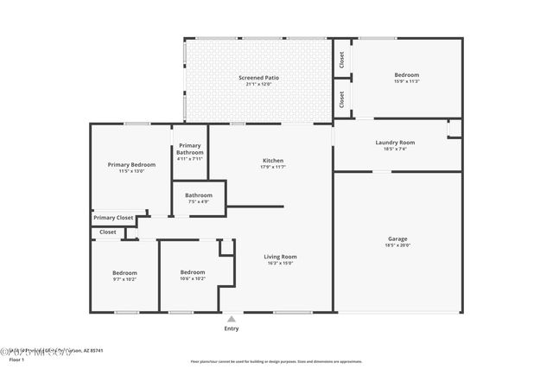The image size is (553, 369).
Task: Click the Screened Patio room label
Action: [258, 78]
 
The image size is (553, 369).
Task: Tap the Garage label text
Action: [397, 239]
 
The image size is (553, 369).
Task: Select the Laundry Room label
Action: [395, 143]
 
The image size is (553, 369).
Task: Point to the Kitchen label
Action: [273, 161]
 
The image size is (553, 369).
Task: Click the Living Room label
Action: [280, 257]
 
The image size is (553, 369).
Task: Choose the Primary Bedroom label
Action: [131, 164]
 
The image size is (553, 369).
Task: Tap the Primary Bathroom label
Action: [189, 149]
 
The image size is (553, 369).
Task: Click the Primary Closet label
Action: [113, 218]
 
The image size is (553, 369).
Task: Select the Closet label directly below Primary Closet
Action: [108, 232]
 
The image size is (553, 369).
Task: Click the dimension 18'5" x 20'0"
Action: [397, 245]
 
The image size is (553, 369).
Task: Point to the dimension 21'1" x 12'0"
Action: [258, 84]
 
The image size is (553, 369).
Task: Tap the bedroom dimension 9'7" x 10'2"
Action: [124, 279]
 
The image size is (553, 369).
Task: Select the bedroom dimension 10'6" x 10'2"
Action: [192, 278]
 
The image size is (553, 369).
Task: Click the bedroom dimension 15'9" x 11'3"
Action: [406, 82]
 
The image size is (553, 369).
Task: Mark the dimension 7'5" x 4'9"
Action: [198, 202]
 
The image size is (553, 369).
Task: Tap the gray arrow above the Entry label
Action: [231, 319]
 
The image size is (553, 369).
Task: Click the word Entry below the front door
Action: [232, 328]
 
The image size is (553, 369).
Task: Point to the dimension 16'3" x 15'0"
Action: [280, 263]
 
